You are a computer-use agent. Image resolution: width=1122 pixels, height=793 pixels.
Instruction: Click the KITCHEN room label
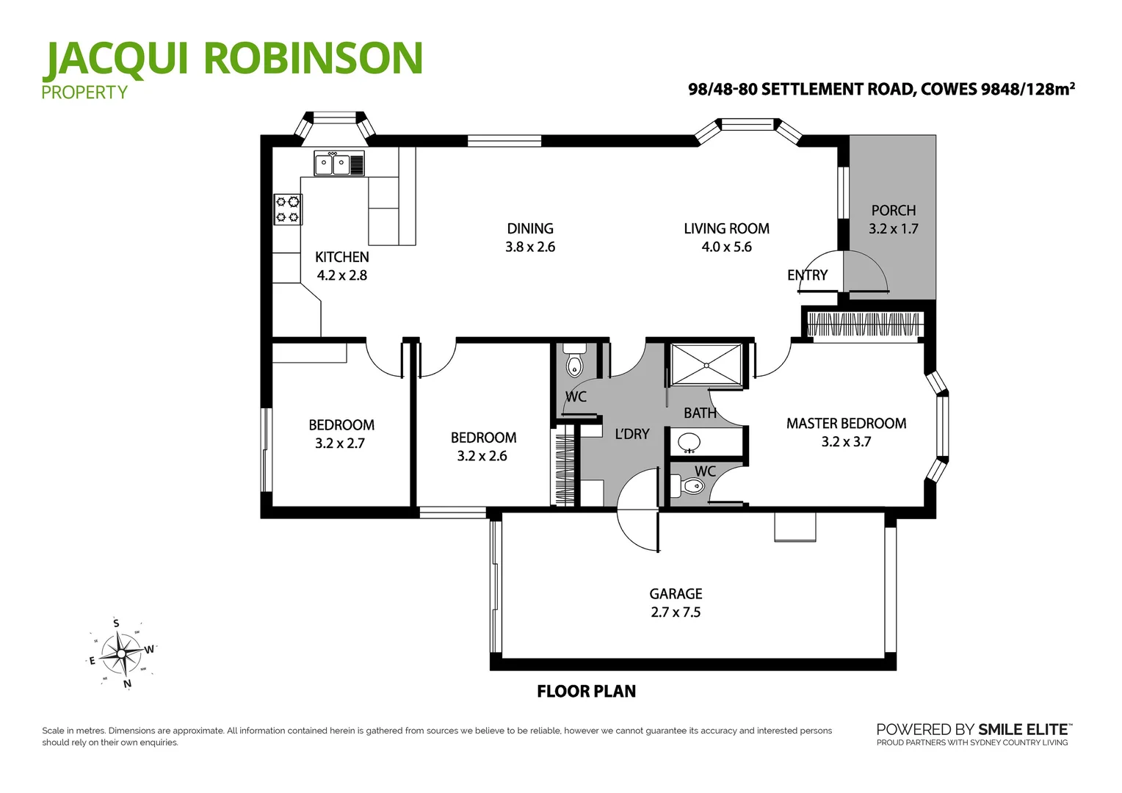(341, 257)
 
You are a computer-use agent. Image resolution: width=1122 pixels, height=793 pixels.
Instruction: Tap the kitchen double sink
(333, 164)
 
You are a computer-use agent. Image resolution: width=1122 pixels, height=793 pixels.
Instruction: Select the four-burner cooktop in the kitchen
(288, 209)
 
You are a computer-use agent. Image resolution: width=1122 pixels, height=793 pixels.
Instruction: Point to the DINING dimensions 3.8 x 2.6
(529, 247)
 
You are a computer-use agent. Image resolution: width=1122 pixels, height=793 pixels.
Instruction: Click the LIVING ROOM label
(726, 228)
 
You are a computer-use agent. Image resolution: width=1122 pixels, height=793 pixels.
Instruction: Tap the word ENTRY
(807, 275)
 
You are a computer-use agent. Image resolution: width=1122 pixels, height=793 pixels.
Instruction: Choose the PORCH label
(893, 211)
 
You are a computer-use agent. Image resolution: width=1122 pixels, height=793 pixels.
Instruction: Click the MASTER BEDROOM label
(846, 424)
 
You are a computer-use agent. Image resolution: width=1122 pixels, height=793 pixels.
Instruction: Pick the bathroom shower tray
(706, 364)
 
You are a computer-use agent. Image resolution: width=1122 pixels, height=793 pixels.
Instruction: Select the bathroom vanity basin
(689, 443)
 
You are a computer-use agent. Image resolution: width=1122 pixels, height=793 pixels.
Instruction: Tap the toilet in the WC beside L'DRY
(574, 364)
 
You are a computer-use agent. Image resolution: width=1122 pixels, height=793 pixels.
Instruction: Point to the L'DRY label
(631, 434)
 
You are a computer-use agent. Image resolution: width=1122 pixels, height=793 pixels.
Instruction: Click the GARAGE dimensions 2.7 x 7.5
(676, 612)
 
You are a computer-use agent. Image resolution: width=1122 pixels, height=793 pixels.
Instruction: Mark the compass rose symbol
(122, 653)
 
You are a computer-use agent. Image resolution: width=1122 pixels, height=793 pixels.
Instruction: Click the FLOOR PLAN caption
(586, 692)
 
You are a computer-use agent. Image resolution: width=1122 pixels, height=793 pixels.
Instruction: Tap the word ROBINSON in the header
(314, 59)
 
